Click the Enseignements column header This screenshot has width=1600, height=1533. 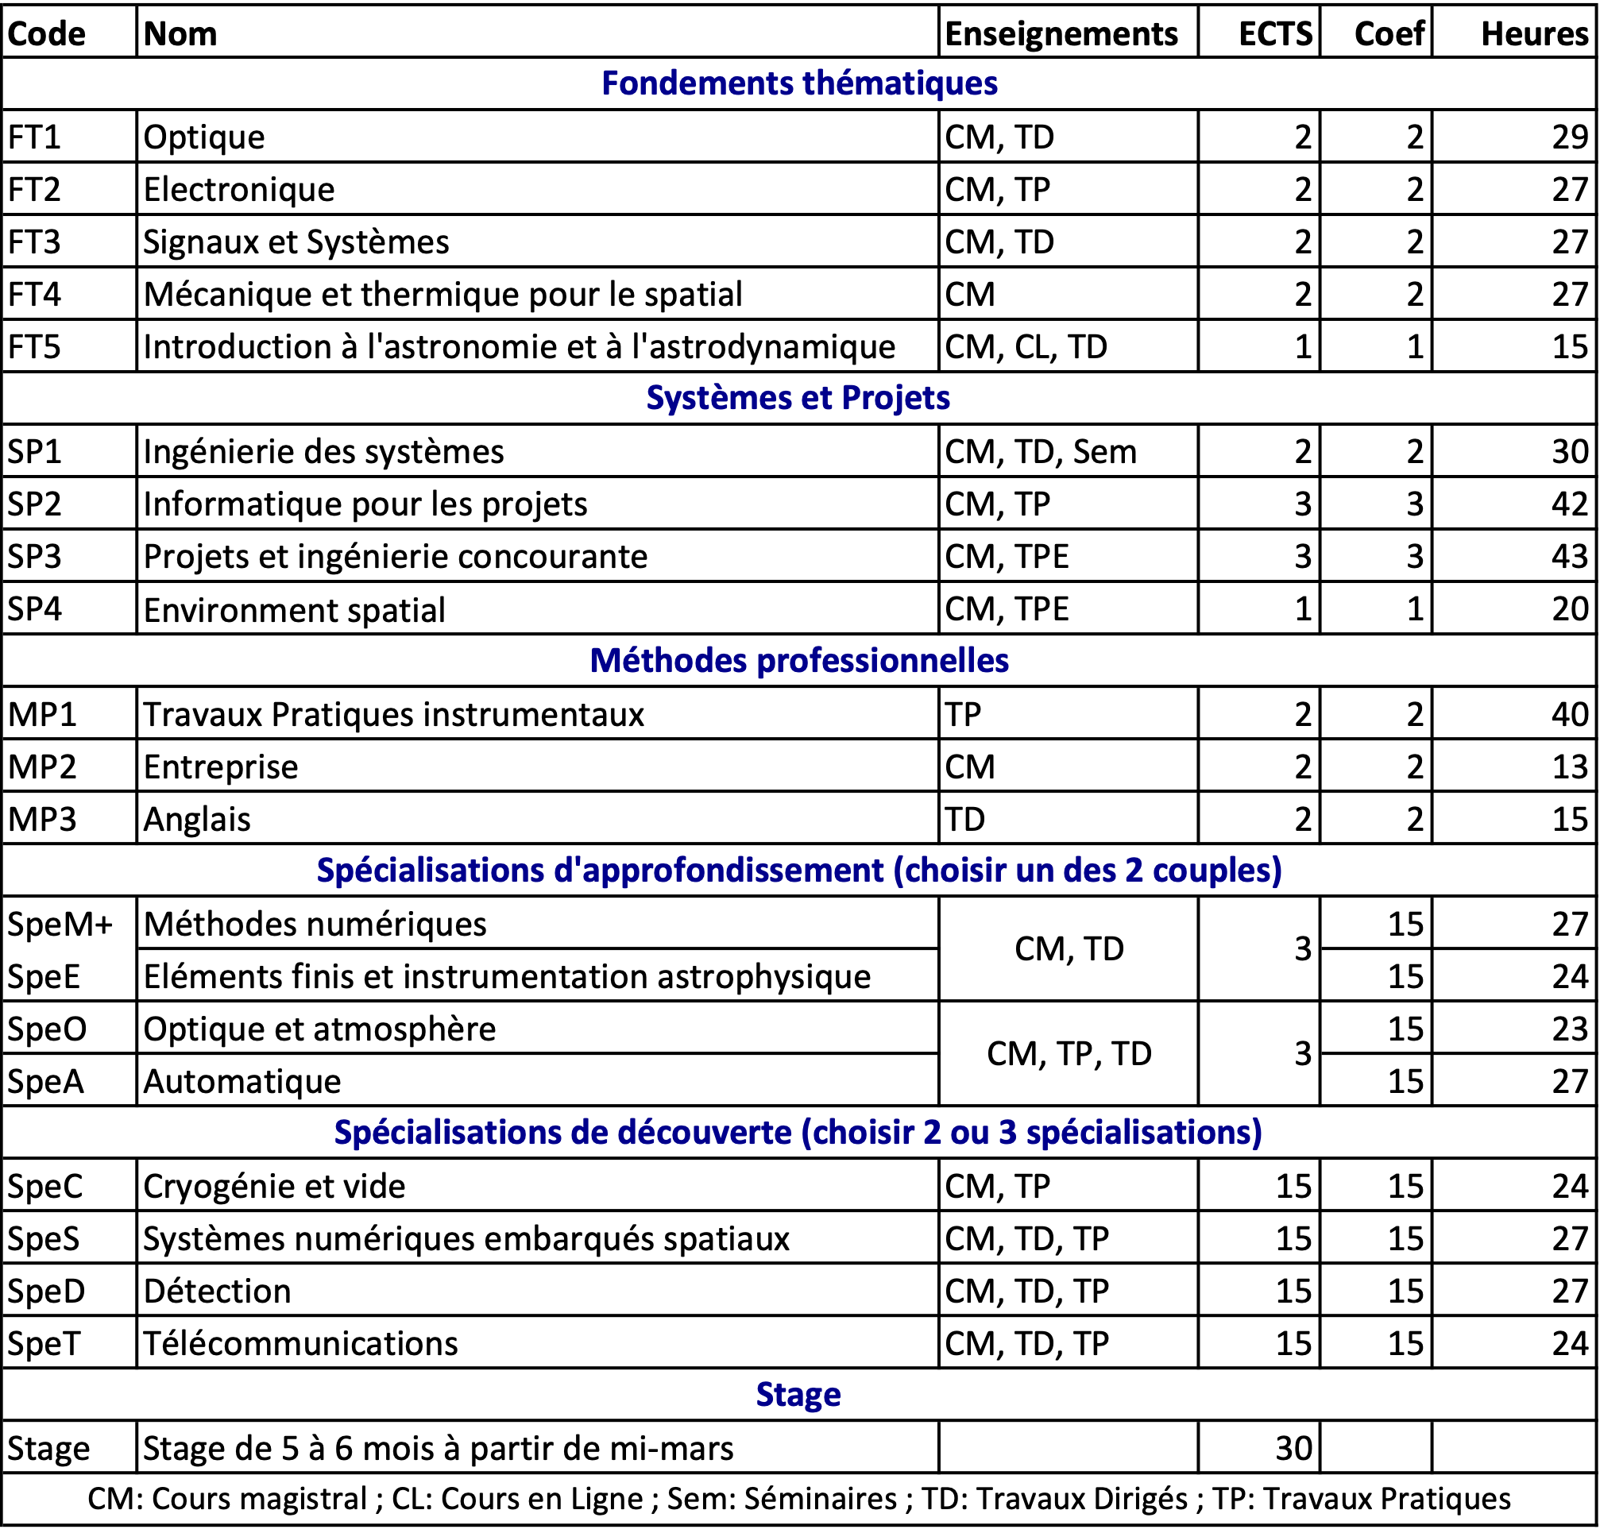(x=1061, y=34)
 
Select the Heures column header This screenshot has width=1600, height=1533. (x=1534, y=34)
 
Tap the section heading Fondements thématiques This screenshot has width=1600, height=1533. (x=799, y=83)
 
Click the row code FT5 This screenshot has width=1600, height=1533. (x=34, y=347)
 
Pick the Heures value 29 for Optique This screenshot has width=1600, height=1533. (x=1570, y=137)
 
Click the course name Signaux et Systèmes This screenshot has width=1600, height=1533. (x=296, y=242)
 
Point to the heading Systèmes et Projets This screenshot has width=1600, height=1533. (x=798, y=397)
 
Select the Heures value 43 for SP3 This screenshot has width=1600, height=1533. (x=1570, y=557)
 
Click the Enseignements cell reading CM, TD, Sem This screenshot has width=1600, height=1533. (x=1040, y=451)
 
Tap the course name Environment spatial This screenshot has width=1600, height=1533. (x=294, y=610)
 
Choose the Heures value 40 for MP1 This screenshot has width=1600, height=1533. (x=1570, y=714)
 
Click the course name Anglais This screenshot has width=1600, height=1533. (x=197, y=820)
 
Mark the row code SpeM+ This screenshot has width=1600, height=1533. (x=60, y=924)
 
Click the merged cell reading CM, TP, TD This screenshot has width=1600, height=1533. (x=1069, y=1054)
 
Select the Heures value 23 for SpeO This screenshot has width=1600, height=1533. (x=1570, y=1029)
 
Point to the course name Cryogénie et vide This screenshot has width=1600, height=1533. (x=274, y=1187)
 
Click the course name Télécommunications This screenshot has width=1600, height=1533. (x=300, y=1344)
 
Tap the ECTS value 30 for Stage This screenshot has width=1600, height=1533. (x=1293, y=1449)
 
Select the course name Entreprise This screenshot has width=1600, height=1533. (x=220, y=767)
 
